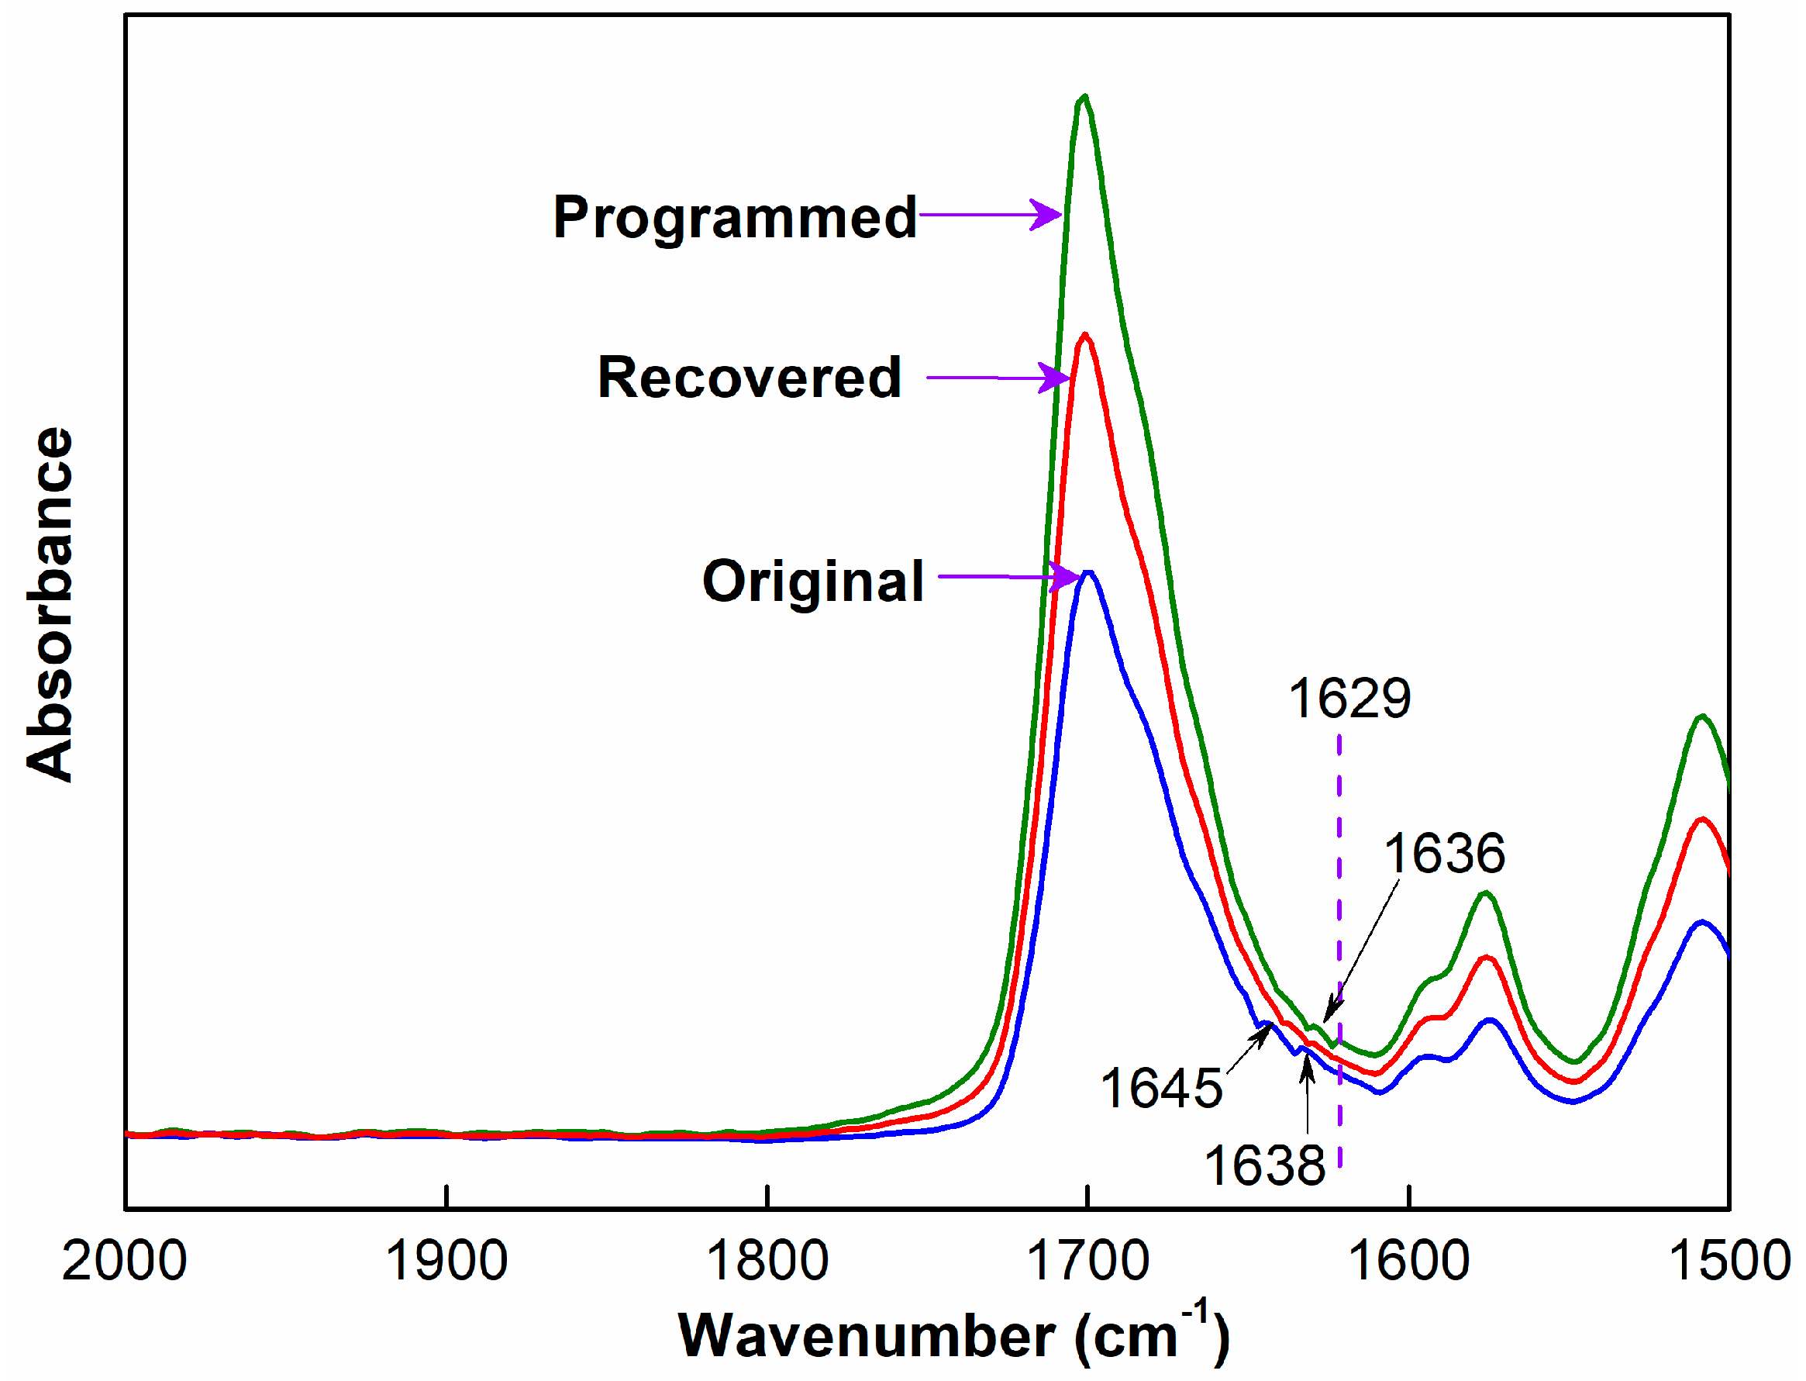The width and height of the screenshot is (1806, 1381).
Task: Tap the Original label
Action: (812, 580)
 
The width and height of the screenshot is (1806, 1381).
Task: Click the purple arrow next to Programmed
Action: (989, 215)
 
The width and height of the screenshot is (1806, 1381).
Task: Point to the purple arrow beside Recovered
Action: (998, 378)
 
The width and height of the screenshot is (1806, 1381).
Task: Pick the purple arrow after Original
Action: (1008, 576)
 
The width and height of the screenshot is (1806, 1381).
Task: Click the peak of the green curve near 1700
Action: (1084, 97)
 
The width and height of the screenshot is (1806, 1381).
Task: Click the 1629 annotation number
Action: (1349, 698)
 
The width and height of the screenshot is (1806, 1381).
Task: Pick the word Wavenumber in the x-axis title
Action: (866, 1337)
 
